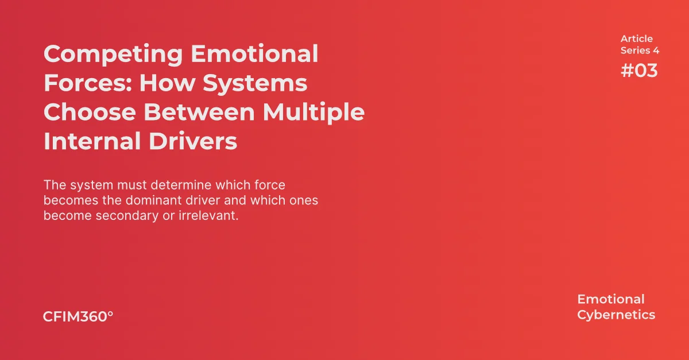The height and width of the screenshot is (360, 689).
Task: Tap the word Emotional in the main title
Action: coord(254,55)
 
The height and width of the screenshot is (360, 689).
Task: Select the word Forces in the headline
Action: coord(86,83)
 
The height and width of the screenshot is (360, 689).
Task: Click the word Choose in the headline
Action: coord(88,112)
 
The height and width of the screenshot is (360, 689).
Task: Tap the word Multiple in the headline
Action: coord(313,112)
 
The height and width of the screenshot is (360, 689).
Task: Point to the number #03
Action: coord(639,71)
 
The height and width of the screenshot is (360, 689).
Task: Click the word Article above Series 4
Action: coord(636,38)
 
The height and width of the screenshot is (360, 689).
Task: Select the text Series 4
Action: coord(640,51)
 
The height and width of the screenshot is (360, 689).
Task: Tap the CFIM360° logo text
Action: coord(78,316)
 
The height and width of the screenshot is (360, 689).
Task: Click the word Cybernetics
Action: coord(616,315)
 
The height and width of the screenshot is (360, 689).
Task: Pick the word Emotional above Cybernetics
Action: coord(610,299)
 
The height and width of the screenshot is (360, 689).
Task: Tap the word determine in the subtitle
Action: coord(172,185)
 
